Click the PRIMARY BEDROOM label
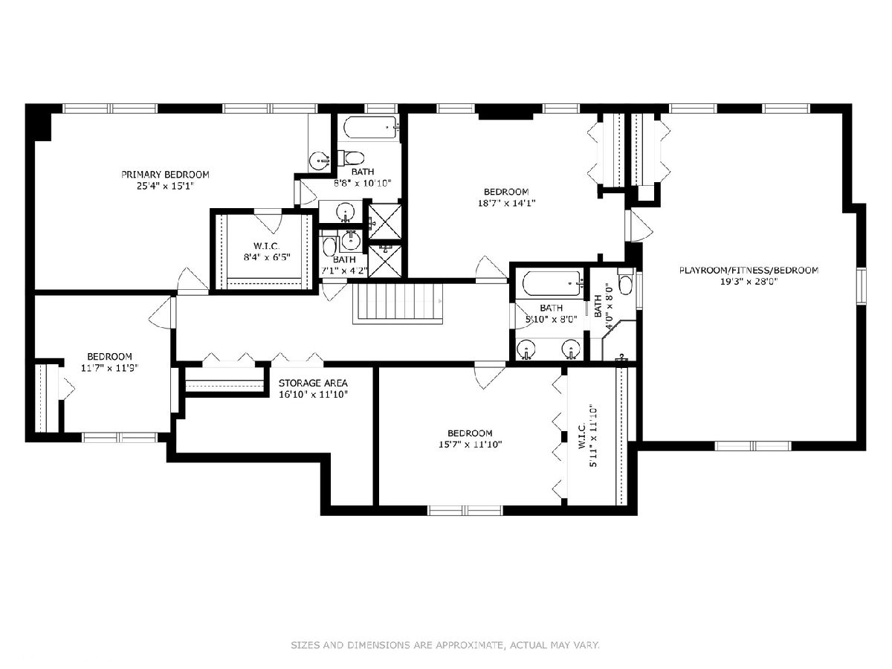click(x=165, y=175)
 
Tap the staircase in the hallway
click(x=398, y=303)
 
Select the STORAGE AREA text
click(x=313, y=383)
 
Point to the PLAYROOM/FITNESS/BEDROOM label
click(x=749, y=270)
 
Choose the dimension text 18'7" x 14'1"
click(x=506, y=203)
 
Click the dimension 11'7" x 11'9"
click(x=110, y=368)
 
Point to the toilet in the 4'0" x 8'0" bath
click(x=625, y=282)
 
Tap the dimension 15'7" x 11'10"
click(x=471, y=445)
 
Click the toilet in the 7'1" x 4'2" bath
click(x=329, y=245)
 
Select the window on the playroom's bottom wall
click(x=753, y=445)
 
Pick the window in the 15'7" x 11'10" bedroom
click(x=465, y=511)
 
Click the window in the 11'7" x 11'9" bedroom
click(x=120, y=437)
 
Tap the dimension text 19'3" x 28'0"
click(x=749, y=282)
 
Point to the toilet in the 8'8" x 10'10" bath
click(x=351, y=158)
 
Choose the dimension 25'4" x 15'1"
click(x=165, y=186)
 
